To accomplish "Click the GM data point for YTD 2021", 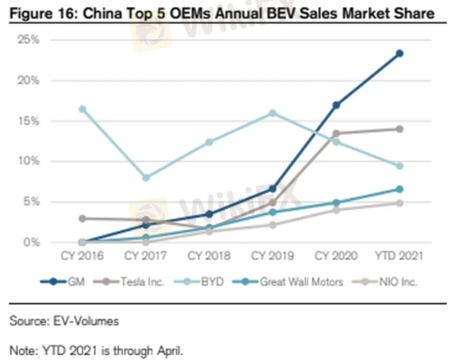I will (399, 53).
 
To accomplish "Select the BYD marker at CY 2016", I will (83, 109).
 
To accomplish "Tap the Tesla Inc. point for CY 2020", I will (336, 133).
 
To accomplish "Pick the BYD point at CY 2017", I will (146, 178).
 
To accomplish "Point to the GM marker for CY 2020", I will (336, 105).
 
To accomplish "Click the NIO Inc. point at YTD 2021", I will (399, 203).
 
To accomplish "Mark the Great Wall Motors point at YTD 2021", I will (399, 189).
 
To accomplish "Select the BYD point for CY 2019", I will (272, 113).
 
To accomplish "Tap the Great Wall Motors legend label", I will (301, 282).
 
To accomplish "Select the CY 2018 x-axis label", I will (209, 255).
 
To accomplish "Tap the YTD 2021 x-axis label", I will (399, 255).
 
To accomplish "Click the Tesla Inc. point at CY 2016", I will (83, 219).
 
